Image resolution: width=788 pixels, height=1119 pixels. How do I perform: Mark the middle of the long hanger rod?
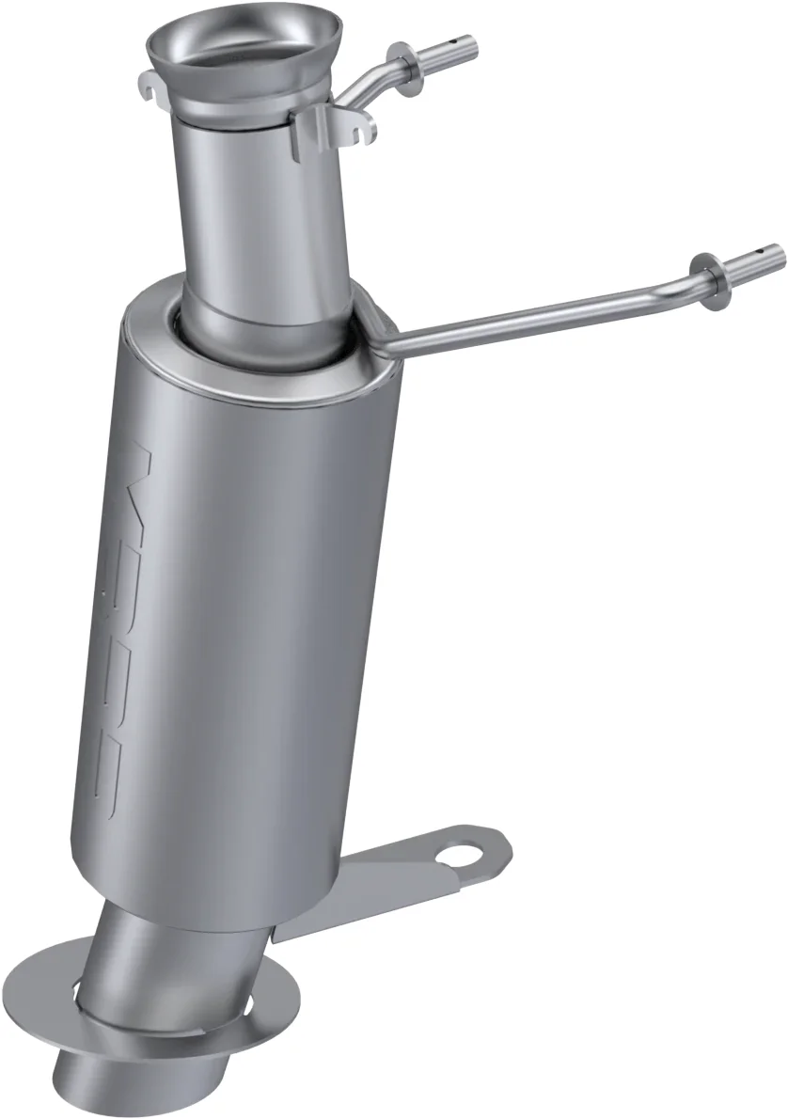point(545,311)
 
